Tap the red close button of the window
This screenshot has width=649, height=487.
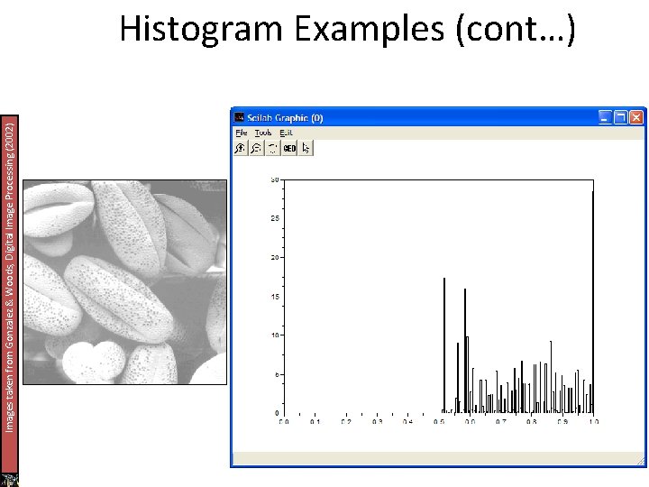[x=637, y=116]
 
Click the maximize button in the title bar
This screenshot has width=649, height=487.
[x=621, y=116]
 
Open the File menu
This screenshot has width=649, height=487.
[x=241, y=133]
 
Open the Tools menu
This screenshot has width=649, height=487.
[x=262, y=133]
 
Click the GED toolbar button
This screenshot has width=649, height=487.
[x=289, y=148]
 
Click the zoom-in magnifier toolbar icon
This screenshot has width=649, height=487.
[x=241, y=148]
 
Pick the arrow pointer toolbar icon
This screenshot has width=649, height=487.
[x=306, y=148]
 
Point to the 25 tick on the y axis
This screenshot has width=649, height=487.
[x=275, y=219]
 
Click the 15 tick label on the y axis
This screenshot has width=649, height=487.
[x=275, y=297]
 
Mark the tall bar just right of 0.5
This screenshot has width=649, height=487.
[x=444, y=343]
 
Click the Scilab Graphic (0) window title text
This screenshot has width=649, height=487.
[x=286, y=117]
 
